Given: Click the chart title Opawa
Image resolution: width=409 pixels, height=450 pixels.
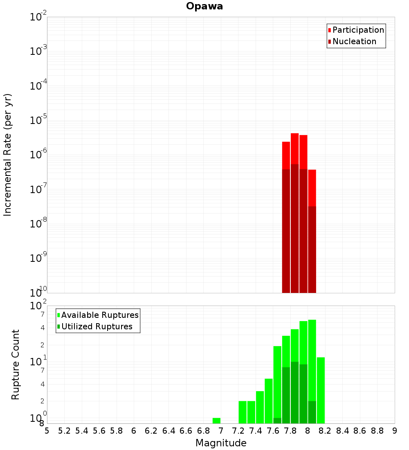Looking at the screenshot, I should pos(204,7).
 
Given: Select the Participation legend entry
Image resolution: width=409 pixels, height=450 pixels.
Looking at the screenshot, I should pos(358,30).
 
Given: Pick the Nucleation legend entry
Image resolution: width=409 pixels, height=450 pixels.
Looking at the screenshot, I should pos(354,42).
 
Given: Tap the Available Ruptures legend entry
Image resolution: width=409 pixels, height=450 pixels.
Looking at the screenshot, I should pos(100,315).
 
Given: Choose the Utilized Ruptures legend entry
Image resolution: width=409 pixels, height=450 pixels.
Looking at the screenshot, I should pos(97,327).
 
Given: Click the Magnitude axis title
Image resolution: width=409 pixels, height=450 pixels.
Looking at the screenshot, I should pos(221,443).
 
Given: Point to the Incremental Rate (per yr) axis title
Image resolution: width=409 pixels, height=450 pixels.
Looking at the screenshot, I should pos(8,155).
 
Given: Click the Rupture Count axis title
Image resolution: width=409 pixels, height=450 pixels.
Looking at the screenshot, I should pos(16,364).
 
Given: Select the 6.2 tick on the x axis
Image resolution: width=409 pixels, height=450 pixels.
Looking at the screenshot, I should pos(151,431).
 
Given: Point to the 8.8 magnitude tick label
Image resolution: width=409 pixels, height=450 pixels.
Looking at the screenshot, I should pos(377,431).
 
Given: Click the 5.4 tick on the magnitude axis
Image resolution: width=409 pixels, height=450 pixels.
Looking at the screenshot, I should pos(82,431).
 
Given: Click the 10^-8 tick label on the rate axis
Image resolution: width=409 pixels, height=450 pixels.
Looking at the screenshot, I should pos(38,224).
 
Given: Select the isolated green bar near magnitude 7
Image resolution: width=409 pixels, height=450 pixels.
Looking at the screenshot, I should pos(216,421).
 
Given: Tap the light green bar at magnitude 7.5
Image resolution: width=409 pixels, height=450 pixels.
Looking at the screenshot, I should pos(268,401).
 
